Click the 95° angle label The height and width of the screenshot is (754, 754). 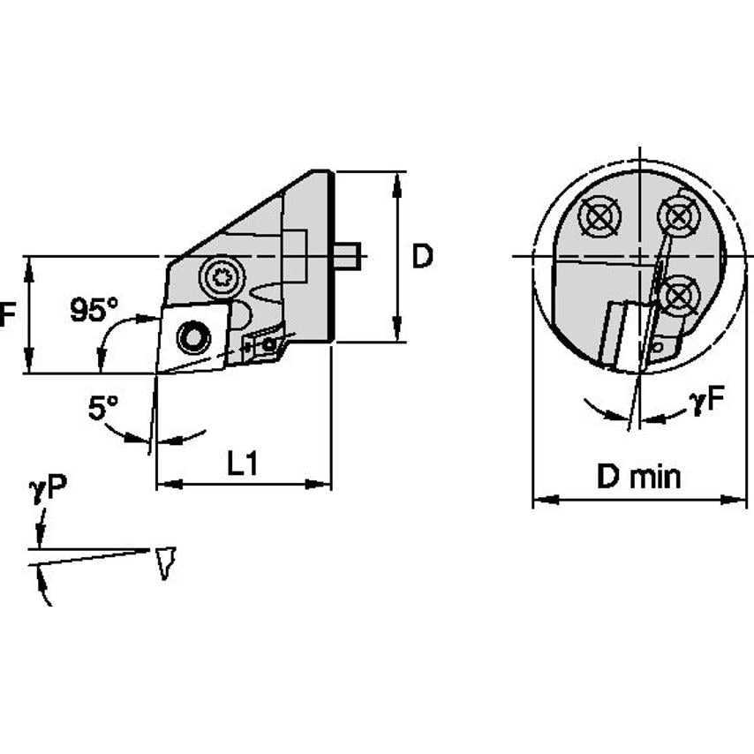[x=94, y=309]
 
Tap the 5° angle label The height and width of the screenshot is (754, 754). [x=102, y=408]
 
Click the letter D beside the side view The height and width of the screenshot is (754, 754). [x=423, y=257]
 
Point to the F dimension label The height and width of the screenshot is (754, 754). [x=7, y=314]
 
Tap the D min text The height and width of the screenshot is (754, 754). [x=638, y=478]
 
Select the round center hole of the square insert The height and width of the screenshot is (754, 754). [x=192, y=336]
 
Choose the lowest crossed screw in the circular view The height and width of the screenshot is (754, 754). [x=677, y=295]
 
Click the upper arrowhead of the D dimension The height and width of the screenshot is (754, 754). [x=397, y=180]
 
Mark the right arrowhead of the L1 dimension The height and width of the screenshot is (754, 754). [x=322, y=484]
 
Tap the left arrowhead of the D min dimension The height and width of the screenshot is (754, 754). [x=541, y=500]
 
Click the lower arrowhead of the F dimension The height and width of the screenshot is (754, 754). [x=29, y=364]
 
